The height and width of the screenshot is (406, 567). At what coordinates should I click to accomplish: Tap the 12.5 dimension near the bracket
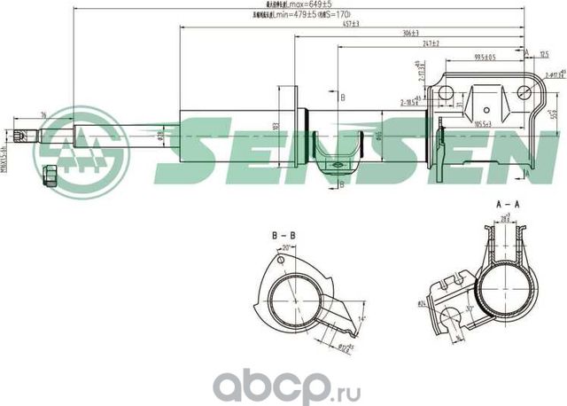(x=542, y=54)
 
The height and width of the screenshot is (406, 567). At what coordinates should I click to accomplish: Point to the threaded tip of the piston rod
(x=25, y=136)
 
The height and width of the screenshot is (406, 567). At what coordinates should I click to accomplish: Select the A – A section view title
(x=507, y=207)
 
